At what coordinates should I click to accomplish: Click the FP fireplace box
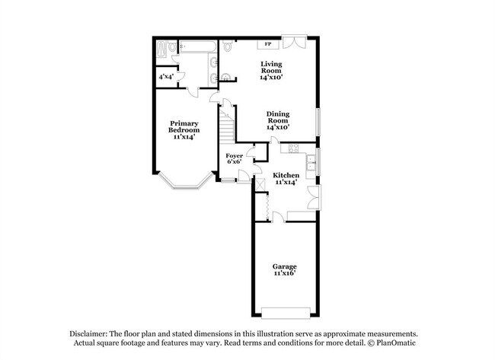[x=268, y=44]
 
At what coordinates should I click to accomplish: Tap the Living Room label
[x=271, y=70]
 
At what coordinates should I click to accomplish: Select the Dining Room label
[x=278, y=120]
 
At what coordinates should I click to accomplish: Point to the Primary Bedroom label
[x=184, y=130]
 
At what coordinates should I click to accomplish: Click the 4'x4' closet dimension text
[x=166, y=77]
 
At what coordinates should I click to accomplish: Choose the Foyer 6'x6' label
[x=235, y=159]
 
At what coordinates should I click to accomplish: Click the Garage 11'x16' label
[x=285, y=270]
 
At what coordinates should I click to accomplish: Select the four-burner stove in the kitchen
[x=293, y=148]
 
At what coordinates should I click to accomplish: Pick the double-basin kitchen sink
[x=311, y=163]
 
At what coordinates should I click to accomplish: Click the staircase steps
[x=227, y=126]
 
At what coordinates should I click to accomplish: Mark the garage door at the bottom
[x=286, y=313]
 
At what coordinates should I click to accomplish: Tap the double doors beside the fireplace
[x=294, y=42]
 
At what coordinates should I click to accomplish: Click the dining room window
[x=319, y=122]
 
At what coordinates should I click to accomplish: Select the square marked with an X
[x=260, y=185]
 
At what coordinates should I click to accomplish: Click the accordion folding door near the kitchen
[x=268, y=207]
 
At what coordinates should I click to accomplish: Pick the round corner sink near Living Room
[x=225, y=77]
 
